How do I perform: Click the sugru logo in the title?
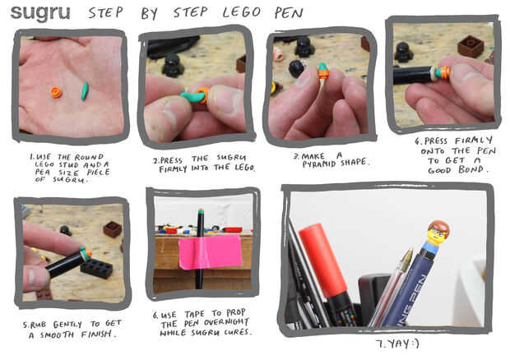pos(40,13)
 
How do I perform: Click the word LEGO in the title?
pos(242,12)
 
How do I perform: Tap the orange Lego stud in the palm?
pos(56,92)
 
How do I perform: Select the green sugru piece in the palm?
pos(85,91)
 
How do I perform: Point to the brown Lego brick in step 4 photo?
pos(471,46)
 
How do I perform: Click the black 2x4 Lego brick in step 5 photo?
pos(96,268)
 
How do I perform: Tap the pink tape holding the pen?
pos(210,252)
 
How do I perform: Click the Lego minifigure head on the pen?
pos(438,232)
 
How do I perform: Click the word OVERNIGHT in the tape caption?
pos(227,322)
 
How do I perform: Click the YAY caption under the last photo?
pos(397,344)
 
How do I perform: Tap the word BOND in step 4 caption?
pos(471,169)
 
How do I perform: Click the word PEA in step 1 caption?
pos(41,173)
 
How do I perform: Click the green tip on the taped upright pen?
pos(201,211)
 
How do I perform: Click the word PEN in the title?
pos(289,13)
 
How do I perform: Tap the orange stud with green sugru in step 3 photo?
pos(322,71)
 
